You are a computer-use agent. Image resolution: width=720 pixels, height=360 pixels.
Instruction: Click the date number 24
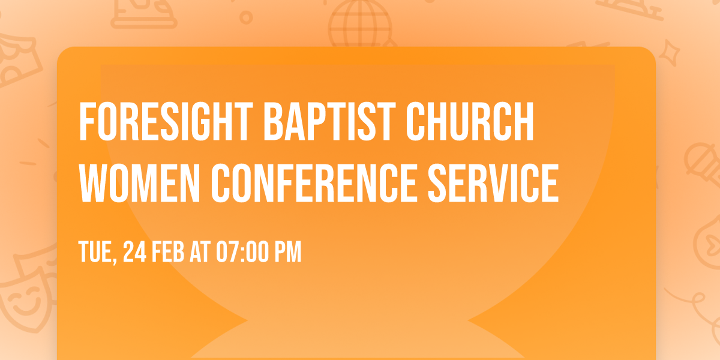click(134, 253)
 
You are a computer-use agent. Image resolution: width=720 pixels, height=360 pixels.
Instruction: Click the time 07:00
click(242, 253)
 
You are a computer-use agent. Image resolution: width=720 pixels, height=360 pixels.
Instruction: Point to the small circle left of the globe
click(245, 17)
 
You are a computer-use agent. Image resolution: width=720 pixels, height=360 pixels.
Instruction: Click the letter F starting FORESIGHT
click(86, 122)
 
